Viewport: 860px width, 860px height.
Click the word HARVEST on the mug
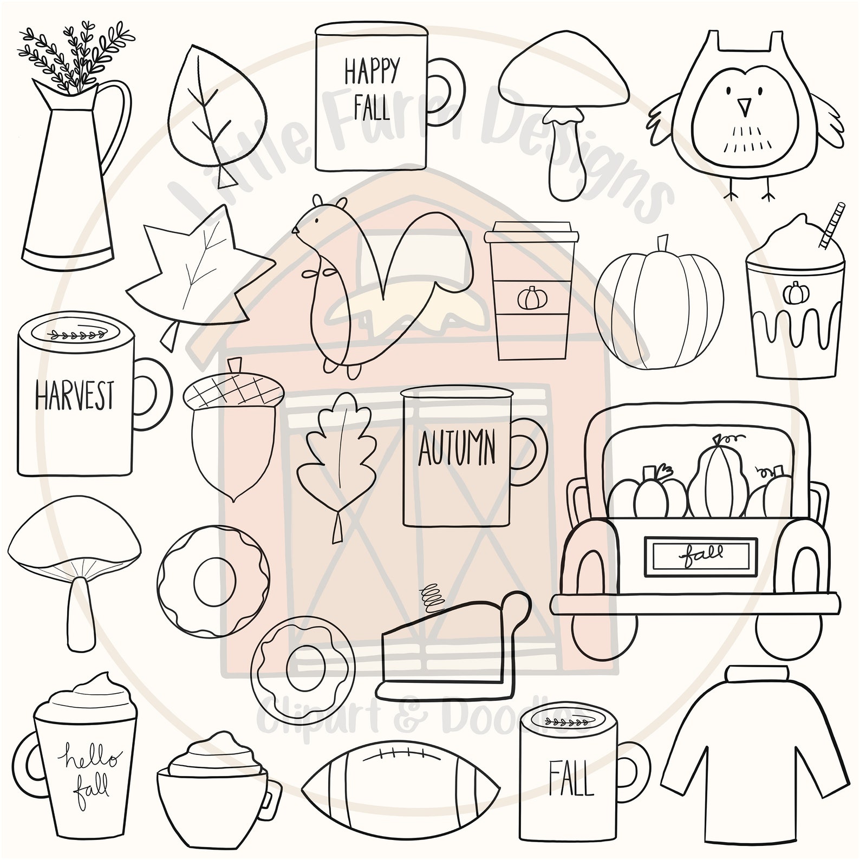pyautogui.click(x=74, y=395)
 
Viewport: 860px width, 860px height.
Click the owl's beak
pyautogui.click(x=746, y=108)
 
